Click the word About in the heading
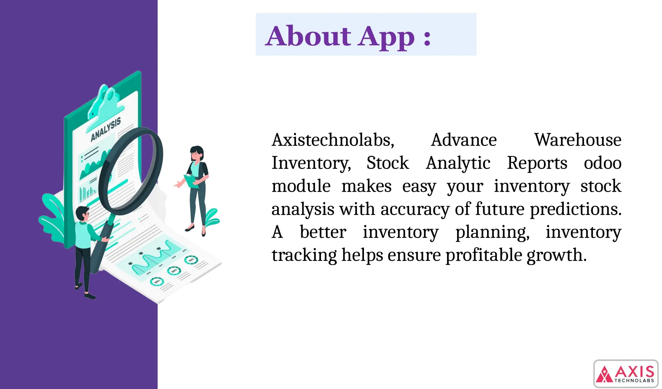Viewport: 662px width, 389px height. (308, 36)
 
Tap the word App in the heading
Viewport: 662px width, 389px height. (387, 37)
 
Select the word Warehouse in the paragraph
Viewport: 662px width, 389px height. (577, 140)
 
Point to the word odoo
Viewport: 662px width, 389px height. (602, 163)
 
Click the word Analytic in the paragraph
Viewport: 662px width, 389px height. (458, 163)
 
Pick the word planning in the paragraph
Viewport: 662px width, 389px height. (492, 232)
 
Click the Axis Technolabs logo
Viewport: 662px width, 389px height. (626, 374)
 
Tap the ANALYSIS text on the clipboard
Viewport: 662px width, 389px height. (106, 129)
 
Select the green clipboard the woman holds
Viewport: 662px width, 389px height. (192, 181)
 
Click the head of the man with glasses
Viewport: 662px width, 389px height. (82, 214)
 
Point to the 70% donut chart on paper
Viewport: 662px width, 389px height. (191, 260)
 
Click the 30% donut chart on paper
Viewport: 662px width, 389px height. (157, 282)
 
